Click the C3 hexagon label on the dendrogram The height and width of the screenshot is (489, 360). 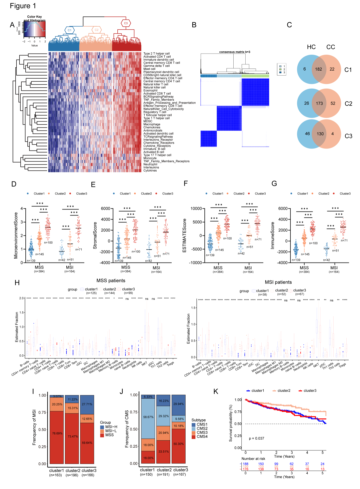[126, 23]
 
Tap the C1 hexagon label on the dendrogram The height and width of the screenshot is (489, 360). [69, 30]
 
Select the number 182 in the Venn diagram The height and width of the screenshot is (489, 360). [319, 69]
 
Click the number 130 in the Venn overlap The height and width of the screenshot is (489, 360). [320, 134]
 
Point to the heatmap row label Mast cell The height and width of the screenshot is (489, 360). [149, 69]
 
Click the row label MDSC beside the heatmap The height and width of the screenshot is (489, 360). [148, 121]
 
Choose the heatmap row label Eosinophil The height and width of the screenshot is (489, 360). [150, 91]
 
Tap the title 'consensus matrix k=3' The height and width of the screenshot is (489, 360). [235, 52]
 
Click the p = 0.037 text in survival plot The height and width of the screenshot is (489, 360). [256, 438]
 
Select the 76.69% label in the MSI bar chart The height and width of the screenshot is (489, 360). [57, 433]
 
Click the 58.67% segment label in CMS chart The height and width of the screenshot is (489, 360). [148, 417]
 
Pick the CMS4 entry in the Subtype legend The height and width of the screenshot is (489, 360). [202, 437]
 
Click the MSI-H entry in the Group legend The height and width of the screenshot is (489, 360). [111, 427]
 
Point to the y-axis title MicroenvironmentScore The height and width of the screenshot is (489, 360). [16, 236]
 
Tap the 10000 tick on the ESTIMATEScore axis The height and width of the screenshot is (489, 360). [196, 209]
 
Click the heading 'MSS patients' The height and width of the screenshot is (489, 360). [111, 281]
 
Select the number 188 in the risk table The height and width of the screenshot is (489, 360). [246, 464]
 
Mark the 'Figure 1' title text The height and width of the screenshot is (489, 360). [23, 6]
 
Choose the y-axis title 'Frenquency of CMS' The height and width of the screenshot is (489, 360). [127, 429]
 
